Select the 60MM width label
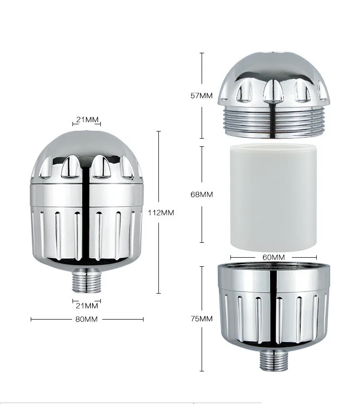click(x=274, y=257)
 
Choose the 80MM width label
click(x=87, y=319)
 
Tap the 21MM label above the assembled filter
click(x=87, y=119)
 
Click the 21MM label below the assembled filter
click(x=87, y=305)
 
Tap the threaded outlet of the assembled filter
click(x=87, y=281)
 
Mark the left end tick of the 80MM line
click(x=31, y=319)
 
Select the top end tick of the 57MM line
click(x=202, y=53)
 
